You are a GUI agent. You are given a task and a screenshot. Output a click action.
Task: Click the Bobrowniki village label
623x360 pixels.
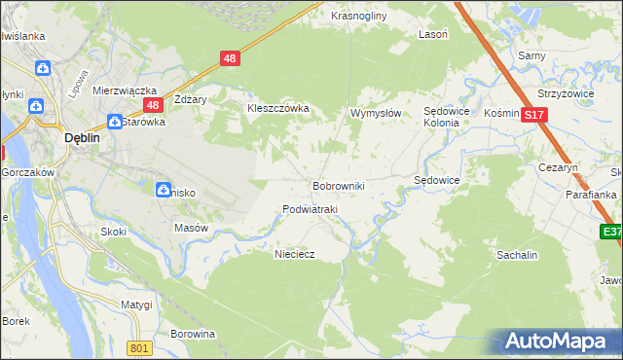click(338, 185)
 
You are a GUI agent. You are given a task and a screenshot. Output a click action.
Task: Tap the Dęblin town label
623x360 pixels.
click(79, 138)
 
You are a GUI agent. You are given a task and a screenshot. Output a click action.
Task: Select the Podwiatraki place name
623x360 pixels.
click(309, 209)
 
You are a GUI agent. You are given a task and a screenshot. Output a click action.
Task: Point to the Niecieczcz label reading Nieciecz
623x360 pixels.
click(295, 252)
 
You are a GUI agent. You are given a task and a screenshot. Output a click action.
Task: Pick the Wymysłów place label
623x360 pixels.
click(376, 113)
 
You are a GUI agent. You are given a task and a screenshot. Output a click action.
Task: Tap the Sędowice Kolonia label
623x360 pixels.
click(448, 118)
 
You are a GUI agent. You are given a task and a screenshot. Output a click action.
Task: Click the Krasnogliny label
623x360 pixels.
click(358, 17)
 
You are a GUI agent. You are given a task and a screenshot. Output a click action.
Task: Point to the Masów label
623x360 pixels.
click(191, 228)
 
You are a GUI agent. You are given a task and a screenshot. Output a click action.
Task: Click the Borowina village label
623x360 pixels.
click(192, 334)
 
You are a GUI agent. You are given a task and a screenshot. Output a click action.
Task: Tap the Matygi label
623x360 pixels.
click(136, 305)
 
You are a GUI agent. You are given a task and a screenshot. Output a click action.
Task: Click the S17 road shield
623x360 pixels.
click(532, 115)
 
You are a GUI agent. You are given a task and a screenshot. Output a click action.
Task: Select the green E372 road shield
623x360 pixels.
click(611, 232)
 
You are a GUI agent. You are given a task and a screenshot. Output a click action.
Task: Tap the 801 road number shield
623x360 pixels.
click(139, 347)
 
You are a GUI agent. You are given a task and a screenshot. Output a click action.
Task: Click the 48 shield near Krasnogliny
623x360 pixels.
click(230, 58)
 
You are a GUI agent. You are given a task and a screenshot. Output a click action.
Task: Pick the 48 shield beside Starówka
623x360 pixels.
click(152, 104)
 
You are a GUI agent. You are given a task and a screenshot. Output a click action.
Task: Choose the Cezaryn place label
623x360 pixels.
click(559, 167)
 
